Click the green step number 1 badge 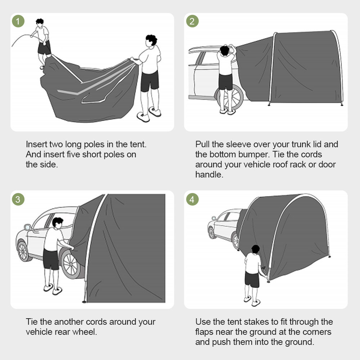tap(18, 21)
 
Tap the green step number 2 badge tap(192, 21)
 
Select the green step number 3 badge tap(18, 199)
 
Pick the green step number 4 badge tap(192, 199)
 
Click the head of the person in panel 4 tap(255, 249)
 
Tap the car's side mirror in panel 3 tap(28, 228)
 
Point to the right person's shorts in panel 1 tap(149, 81)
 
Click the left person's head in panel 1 tap(40, 23)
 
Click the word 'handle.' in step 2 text tap(209, 175)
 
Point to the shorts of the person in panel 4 tap(252, 279)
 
